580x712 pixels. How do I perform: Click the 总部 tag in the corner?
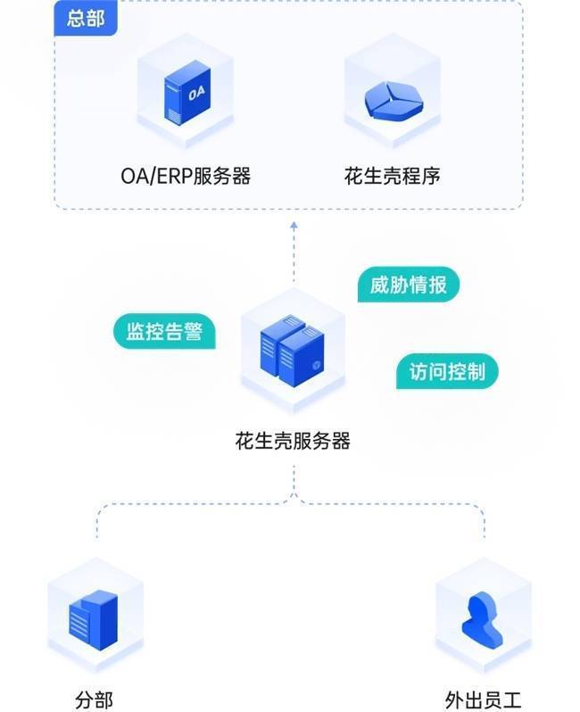pos(86,18)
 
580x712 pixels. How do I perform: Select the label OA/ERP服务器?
pos(186,176)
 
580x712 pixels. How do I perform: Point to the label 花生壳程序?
pos(392,176)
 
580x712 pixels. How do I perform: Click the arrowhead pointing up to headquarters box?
pos(294,228)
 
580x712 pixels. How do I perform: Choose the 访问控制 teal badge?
pos(446,372)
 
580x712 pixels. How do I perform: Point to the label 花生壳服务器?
pos(293,440)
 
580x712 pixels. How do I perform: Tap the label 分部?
pos(94,700)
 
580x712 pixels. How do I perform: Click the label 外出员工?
pos(482,700)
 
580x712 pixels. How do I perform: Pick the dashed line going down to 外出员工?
pos(485,526)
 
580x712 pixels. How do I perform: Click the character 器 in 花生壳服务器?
pos(340,440)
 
